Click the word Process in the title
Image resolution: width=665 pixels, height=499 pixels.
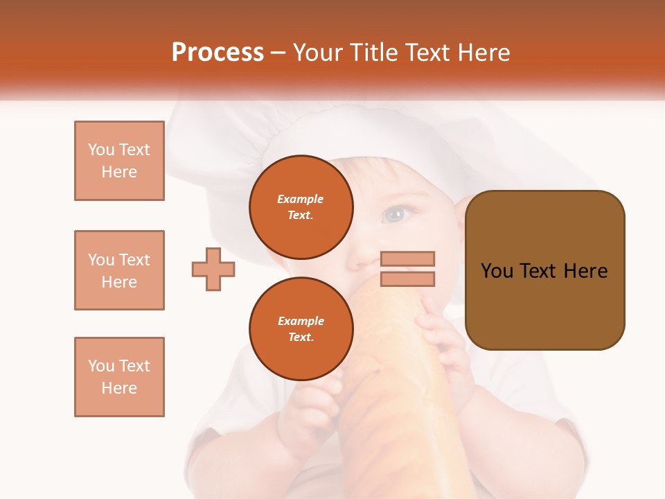click(x=218, y=53)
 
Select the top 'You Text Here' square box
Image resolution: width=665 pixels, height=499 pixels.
click(x=119, y=161)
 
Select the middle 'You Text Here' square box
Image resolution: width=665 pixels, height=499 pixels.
click(x=119, y=270)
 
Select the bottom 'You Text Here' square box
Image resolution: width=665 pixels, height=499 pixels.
click(x=119, y=377)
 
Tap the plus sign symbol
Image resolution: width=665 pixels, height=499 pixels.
click(x=213, y=269)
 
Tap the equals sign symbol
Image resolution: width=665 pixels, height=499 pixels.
click(x=407, y=269)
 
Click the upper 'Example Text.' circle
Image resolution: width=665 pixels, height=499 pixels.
click(x=301, y=207)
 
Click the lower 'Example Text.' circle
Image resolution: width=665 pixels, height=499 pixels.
click(x=301, y=329)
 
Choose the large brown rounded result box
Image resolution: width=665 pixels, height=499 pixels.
click(x=544, y=270)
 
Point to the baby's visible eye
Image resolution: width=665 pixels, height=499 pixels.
click(x=395, y=213)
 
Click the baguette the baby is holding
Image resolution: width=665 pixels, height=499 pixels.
click(x=388, y=388)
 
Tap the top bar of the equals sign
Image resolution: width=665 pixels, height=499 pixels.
click(x=407, y=259)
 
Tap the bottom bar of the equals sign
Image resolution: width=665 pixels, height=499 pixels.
click(x=407, y=279)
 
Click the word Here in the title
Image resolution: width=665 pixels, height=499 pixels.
click(x=484, y=53)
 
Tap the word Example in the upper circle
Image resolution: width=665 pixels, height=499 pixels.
click(x=301, y=199)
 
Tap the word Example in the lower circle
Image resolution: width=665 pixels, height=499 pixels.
click(x=301, y=321)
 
